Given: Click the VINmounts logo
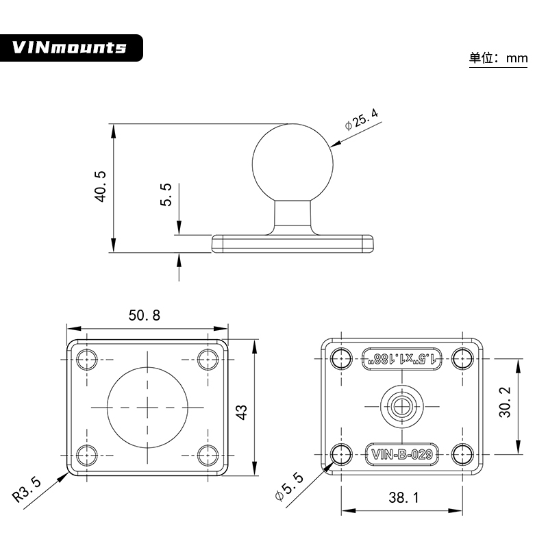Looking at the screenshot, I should point(70,47).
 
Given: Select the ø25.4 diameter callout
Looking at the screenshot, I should point(362,119).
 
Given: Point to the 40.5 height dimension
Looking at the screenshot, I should point(101,186).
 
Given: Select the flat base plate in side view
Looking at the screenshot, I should point(293,243).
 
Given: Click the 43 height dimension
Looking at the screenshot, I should point(241,412).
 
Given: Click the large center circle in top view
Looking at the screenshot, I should point(147,406).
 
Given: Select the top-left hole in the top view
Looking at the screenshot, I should point(86,359).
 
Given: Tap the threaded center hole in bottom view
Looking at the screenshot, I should point(403,406).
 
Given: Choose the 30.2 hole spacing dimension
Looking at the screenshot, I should point(505,406).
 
